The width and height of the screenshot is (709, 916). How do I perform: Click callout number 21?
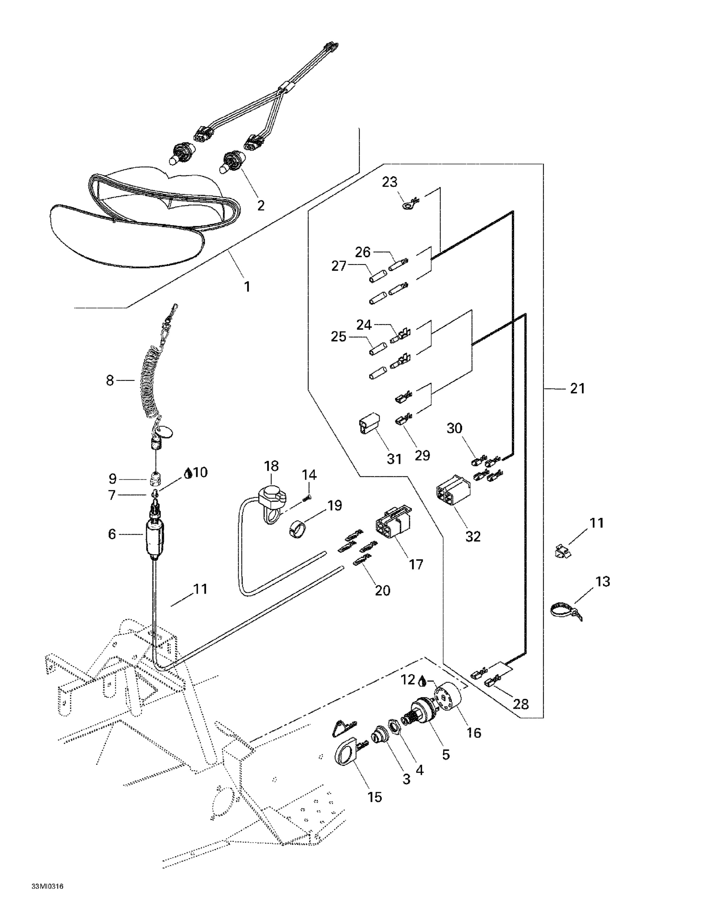pyautogui.click(x=577, y=388)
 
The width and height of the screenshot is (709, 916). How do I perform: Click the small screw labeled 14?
pyautogui.click(x=307, y=498)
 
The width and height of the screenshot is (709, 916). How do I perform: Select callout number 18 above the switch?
pyautogui.click(x=271, y=466)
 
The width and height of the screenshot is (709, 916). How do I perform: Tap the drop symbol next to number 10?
pyautogui.click(x=189, y=474)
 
